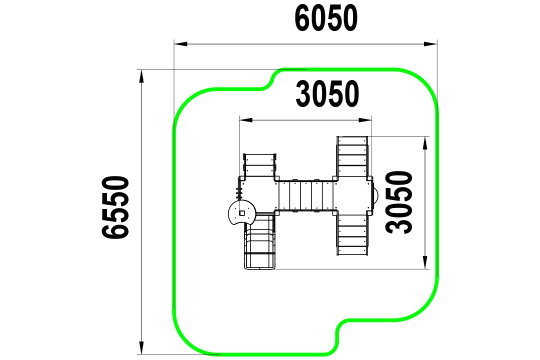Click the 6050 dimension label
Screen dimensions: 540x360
coord(326,18)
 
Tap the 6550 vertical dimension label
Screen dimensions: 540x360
coord(115,207)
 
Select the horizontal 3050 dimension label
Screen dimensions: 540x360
coord(327,93)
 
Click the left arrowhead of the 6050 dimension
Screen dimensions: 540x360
coord(180,44)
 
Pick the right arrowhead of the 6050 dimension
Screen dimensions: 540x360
coord(430,44)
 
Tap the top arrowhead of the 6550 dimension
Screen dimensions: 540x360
coord(141,76)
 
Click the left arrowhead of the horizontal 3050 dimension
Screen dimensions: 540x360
coord(246,120)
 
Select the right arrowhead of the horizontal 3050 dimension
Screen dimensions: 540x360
coord(365,120)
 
